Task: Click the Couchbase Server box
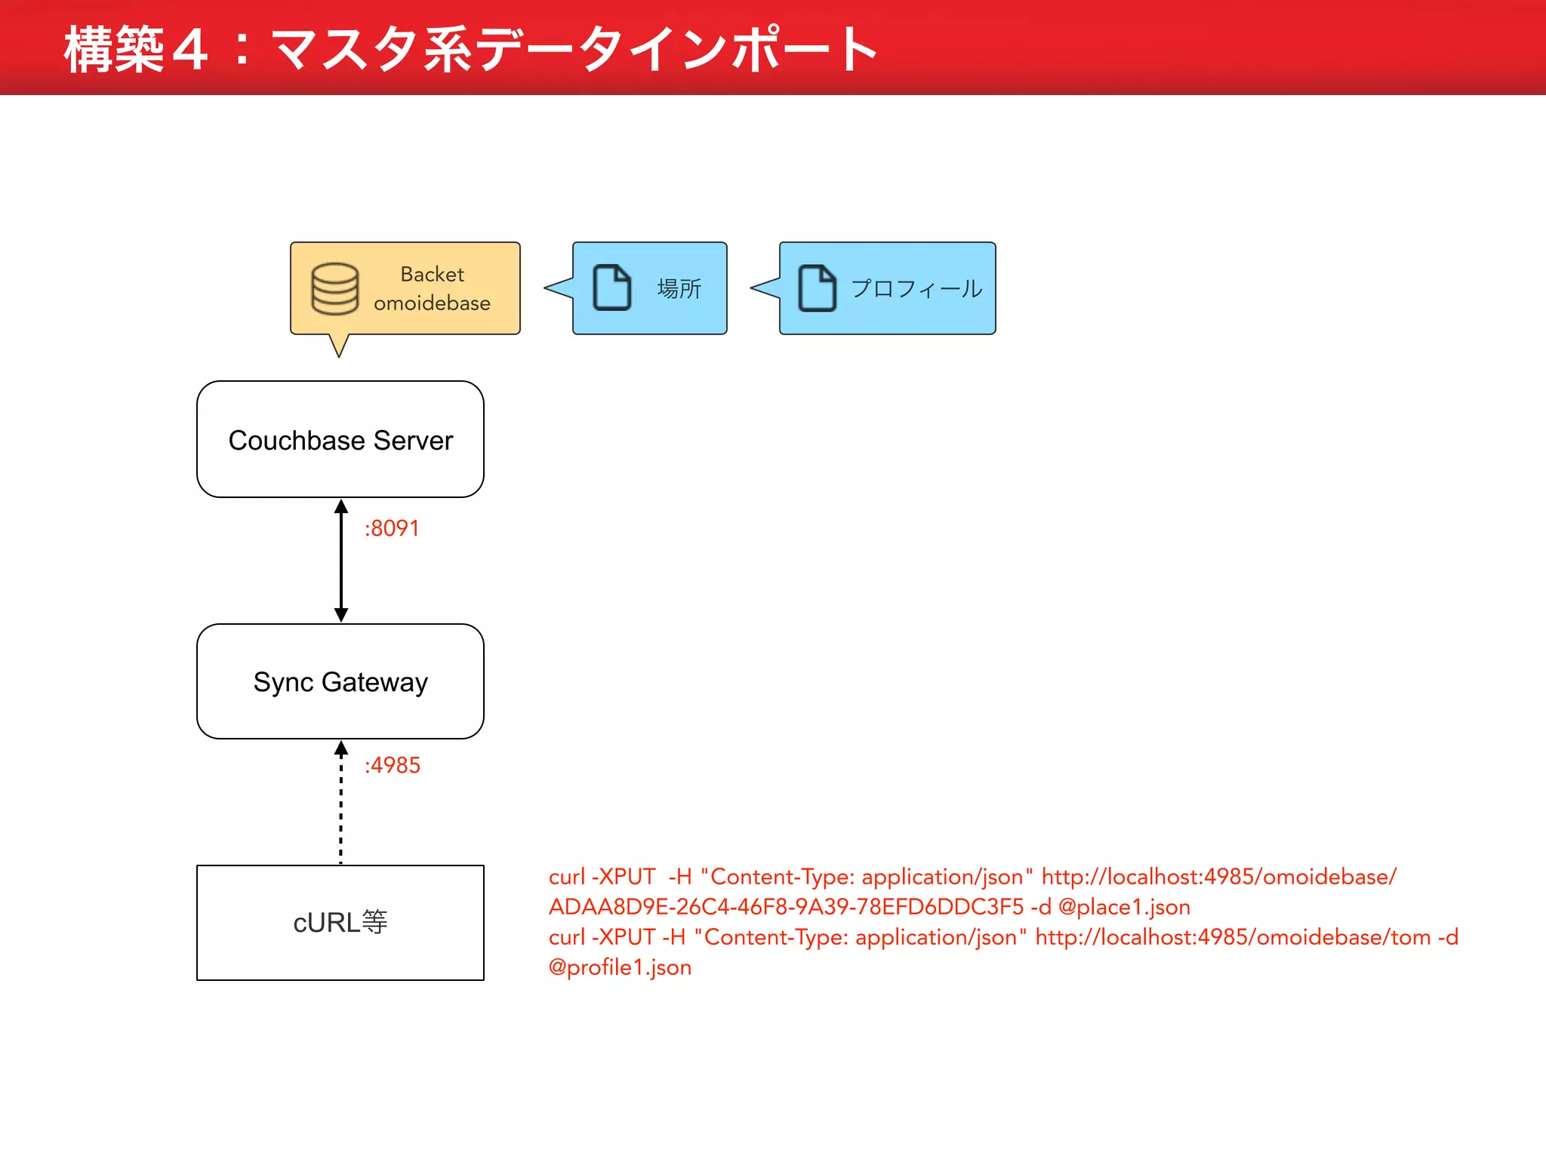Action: click(340, 439)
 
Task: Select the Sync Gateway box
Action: click(340, 681)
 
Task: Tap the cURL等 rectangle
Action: click(340, 922)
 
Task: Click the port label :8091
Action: click(392, 528)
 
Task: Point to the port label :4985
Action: click(393, 765)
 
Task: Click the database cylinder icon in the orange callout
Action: click(334, 289)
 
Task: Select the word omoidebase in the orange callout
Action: click(432, 303)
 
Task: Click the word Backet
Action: click(432, 274)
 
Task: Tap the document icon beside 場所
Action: click(611, 287)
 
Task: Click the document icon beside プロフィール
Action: click(817, 287)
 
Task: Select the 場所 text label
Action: click(679, 288)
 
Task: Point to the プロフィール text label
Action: click(916, 288)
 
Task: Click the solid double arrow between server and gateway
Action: click(341, 561)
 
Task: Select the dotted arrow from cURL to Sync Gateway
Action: click(341, 804)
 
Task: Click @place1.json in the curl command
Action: click(1124, 907)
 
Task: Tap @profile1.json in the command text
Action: click(620, 967)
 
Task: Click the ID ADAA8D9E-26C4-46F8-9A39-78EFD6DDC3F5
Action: click(786, 907)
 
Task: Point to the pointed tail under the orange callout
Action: click(339, 346)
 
